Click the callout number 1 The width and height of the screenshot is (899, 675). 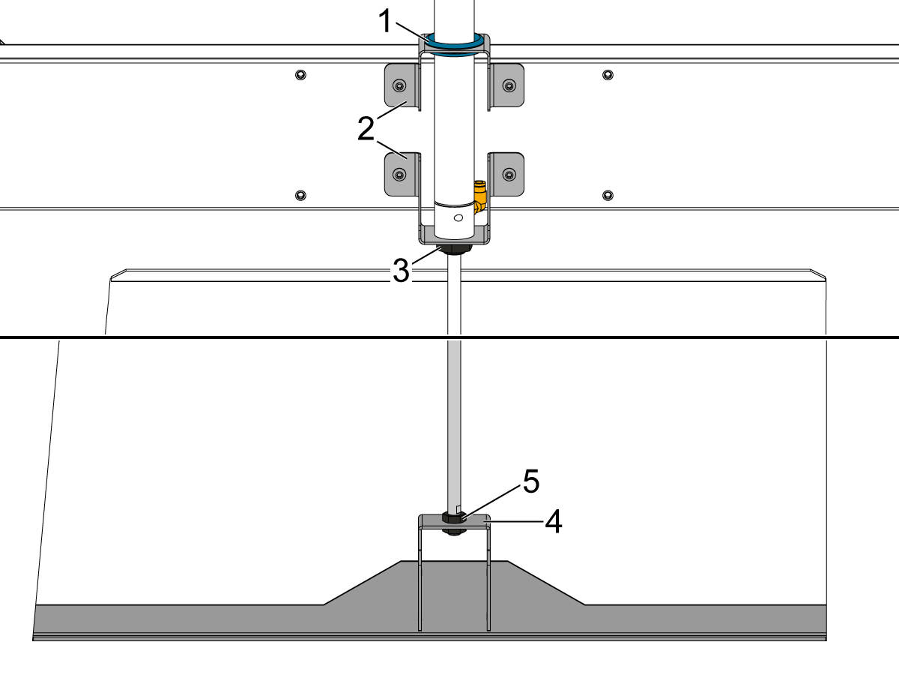(x=384, y=22)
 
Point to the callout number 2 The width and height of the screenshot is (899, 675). (x=366, y=128)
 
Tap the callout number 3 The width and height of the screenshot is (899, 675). (x=402, y=271)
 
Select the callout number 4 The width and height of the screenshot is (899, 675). (x=553, y=522)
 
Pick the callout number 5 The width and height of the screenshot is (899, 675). (x=530, y=482)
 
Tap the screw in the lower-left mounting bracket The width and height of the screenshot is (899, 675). (x=399, y=175)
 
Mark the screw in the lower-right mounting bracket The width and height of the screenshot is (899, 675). (x=509, y=175)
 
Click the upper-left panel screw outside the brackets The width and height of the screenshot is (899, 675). (x=300, y=74)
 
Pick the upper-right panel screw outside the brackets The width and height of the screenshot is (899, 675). (x=608, y=74)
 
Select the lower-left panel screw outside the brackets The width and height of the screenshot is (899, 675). (x=300, y=195)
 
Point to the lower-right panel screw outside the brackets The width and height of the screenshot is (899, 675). (x=608, y=195)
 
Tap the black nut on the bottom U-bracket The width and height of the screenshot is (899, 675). (x=452, y=518)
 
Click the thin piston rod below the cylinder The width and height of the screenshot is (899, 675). (x=454, y=375)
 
